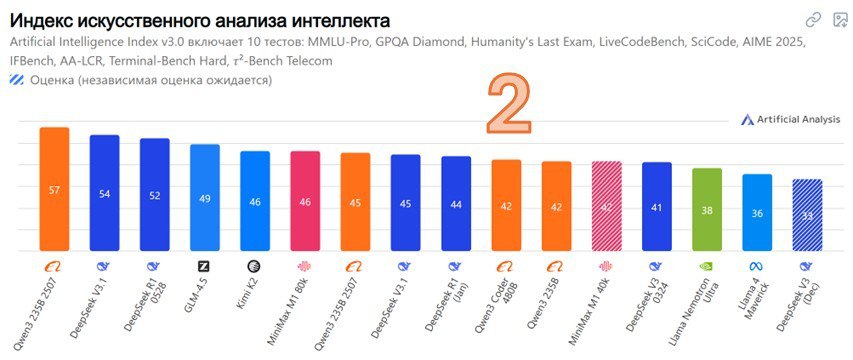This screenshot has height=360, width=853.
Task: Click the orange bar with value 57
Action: click(x=54, y=189)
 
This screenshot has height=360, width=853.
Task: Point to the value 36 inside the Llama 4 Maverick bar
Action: click(x=757, y=213)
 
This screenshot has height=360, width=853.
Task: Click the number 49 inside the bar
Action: click(x=205, y=199)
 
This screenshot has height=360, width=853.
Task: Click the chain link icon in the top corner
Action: click(x=813, y=20)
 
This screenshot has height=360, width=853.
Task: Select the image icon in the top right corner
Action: click(x=838, y=20)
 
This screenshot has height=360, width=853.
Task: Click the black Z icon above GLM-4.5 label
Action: click(x=205, y=266)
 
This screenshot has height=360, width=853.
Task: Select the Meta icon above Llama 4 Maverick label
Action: click(x=757, y=266)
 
